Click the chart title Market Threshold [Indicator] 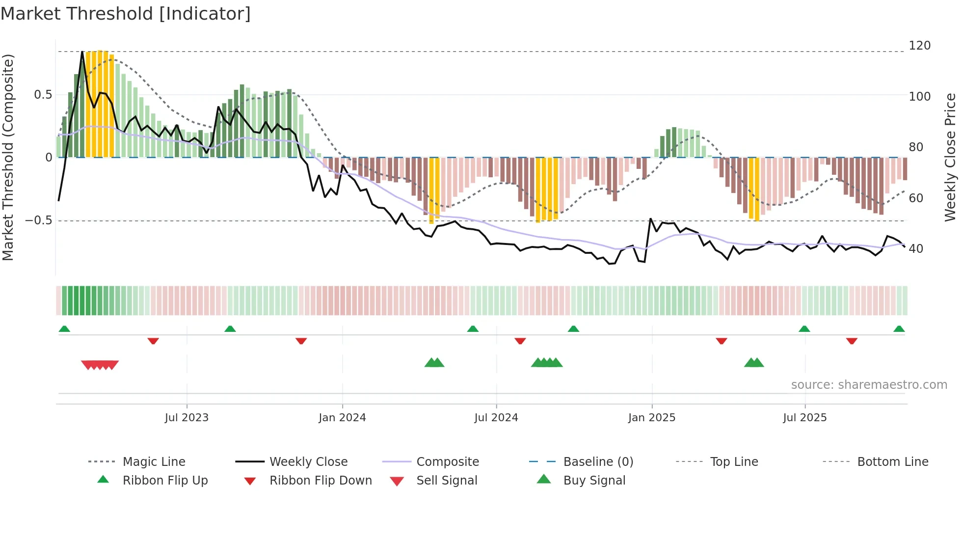pos(126,14)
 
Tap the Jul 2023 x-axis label pos(187,418)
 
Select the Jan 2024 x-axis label pos(342,418)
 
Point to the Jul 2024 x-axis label pos(496,418)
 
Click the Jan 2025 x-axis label pos(652,418)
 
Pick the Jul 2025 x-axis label pos(804,418)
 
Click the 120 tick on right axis pos(919,46)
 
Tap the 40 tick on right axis pos(916,249)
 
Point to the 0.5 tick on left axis pos(43,95)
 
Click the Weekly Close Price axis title pos(950,157)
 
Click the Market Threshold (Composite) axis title pos(8,157)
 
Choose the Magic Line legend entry pos(154,462)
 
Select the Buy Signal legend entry pos(594,481)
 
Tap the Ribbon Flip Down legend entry pos(320,481)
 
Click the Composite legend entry pos(447,462)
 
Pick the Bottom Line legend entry pos(892,462)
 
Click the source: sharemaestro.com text pos(869,385)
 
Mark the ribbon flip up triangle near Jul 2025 pos(804,329)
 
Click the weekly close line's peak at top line pos(82,52)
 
